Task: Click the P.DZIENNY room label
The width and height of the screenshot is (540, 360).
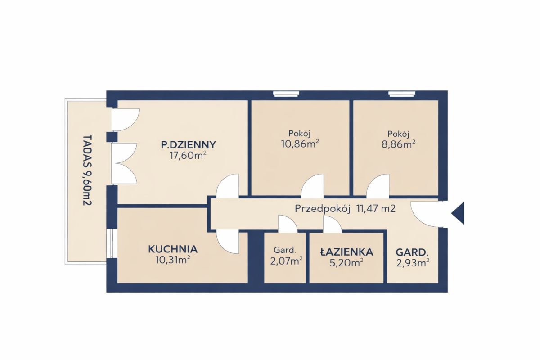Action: [189, 145]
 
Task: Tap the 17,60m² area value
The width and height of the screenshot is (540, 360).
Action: [188, 156]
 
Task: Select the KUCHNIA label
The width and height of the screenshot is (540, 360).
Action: [173, 249]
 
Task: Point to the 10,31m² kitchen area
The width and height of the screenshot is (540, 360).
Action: [173, 260]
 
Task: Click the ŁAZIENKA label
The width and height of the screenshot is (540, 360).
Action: [347, 252]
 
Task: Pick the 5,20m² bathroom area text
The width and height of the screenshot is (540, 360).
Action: [346, 263]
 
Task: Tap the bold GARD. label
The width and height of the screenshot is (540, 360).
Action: [412, 253]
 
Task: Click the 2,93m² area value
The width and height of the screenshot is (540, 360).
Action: [413, 263]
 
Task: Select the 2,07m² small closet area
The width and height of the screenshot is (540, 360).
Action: [286, 261]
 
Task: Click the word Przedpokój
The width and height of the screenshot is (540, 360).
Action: [323, 209]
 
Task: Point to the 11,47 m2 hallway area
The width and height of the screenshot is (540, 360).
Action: [376, 208]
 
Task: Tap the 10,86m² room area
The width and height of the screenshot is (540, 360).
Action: [300, 144]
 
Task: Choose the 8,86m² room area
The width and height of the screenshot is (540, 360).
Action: [398, 144]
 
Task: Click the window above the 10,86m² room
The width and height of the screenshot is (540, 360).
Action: [286, 94]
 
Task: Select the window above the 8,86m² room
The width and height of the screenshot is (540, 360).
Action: [401, 94]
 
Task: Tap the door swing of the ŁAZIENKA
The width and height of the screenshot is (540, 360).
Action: [333, 224]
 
